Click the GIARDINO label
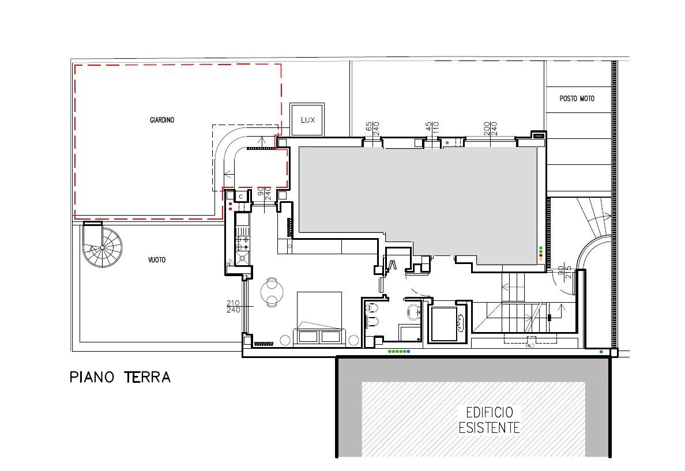coord(162,120)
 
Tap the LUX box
coord(307,120)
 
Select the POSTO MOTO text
coord(577,99)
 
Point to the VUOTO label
coord(157,260)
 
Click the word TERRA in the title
coord(147,377)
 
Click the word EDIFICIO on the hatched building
coord(490,412)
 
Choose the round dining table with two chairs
coord(272,292)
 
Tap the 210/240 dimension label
coord(234,306)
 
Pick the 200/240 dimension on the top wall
coord(491,128)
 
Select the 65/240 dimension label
coord(372,129)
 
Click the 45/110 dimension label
coord(432,129)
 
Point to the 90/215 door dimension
coord(564,273)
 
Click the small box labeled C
coord(240,197)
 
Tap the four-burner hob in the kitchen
coord(242,243)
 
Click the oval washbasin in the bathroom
coord(413,311)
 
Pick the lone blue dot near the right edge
coord(601,352)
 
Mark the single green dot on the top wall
coord(447,142)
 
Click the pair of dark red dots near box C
coord(230,206)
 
